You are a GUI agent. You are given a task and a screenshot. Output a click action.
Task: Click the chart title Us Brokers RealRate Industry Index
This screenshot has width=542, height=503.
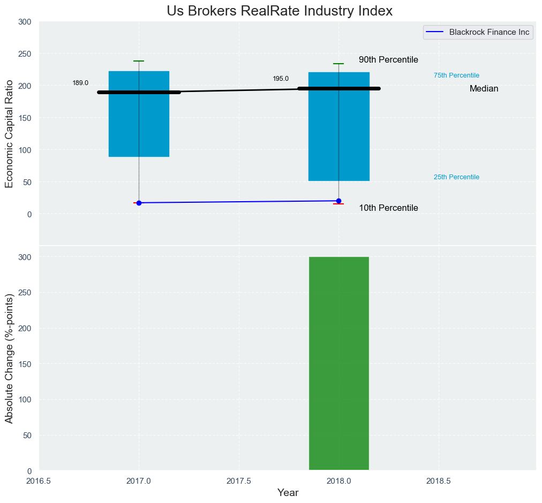(x=280, y=11)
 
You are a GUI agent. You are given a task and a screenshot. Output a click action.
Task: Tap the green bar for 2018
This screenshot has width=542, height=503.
(x=338, y=363)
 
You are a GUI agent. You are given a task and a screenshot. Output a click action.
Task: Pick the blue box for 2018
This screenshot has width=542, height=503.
(x=338, y=139)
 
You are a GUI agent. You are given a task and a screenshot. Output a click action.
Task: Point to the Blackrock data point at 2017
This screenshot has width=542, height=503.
(x=139, y=203)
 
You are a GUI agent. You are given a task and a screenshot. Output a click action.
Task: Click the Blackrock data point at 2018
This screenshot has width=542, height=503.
(x=338, y=201)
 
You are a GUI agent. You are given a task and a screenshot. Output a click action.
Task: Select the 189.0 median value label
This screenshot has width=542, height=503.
(x=80, y=83)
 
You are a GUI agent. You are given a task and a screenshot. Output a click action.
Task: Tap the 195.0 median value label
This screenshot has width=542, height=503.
(x=281, y=79)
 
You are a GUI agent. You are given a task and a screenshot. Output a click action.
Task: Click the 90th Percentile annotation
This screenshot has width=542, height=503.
(x=388, y=60)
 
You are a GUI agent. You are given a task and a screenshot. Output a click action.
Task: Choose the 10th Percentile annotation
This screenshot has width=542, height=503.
(x=388, y=208)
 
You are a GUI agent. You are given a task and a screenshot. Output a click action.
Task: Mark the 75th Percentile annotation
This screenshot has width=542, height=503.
(x=456, y=75)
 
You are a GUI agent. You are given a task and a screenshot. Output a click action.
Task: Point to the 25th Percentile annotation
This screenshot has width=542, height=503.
(x=456, y=177)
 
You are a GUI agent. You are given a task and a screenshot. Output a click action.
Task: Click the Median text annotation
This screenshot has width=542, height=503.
(x=484, y=89)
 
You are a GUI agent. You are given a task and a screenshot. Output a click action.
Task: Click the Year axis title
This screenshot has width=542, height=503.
(x=288, y=493)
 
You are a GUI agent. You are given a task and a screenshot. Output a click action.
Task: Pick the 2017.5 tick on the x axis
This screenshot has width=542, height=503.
(x=239, y=481)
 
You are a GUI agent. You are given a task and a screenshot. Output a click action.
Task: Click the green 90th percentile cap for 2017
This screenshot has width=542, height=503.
(x=139, y=61)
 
